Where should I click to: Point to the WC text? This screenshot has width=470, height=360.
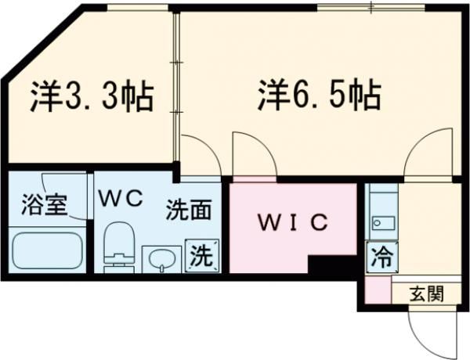121,199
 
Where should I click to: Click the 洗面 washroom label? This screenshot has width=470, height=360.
189,209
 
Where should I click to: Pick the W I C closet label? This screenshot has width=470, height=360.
292,221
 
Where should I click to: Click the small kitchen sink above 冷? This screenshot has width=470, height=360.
382,224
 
